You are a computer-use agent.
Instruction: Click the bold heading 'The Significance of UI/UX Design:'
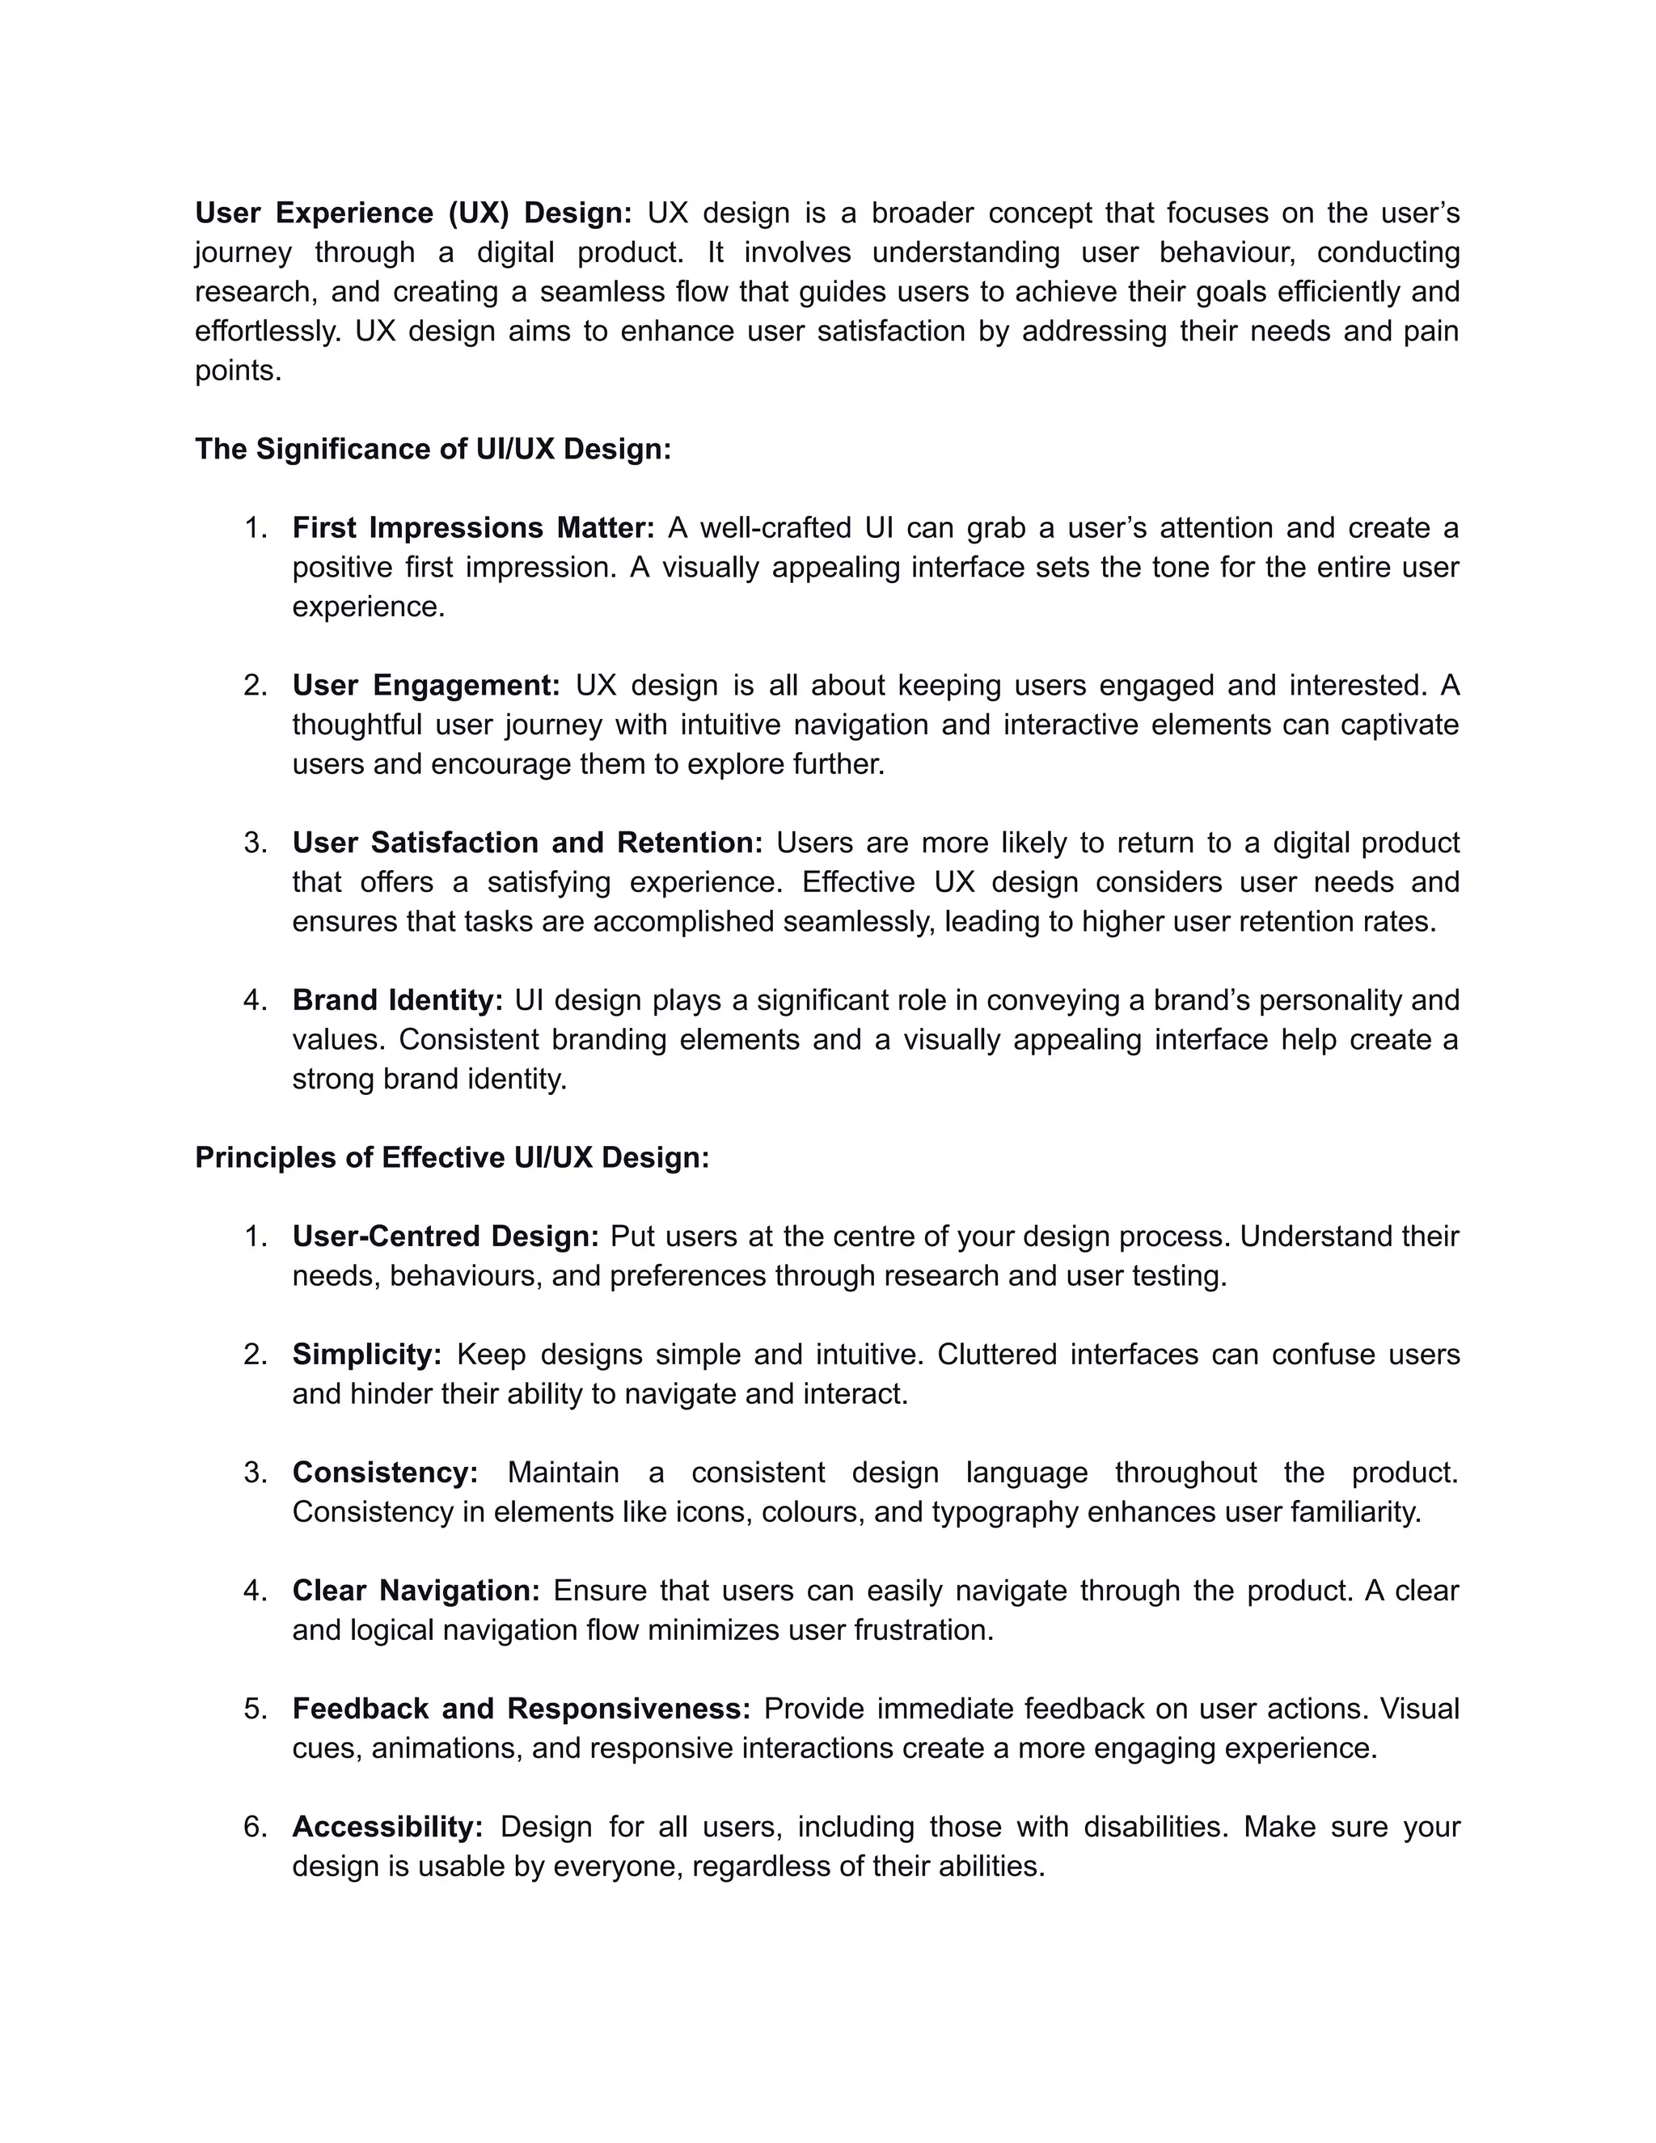[433, 450]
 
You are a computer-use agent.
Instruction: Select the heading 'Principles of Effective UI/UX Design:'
[451, 1158]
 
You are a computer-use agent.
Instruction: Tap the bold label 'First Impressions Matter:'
[473, 528]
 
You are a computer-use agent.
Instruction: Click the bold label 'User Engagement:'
[426, 685]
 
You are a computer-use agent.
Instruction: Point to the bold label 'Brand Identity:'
[397, 1000]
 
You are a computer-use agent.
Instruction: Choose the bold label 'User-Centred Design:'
[446, 1236]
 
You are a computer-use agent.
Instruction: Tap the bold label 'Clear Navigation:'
[416, 1591]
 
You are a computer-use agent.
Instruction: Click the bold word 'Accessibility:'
[387, 1826]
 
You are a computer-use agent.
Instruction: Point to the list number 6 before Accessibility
[254, 1826]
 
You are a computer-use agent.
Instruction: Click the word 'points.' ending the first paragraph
[239, 371]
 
